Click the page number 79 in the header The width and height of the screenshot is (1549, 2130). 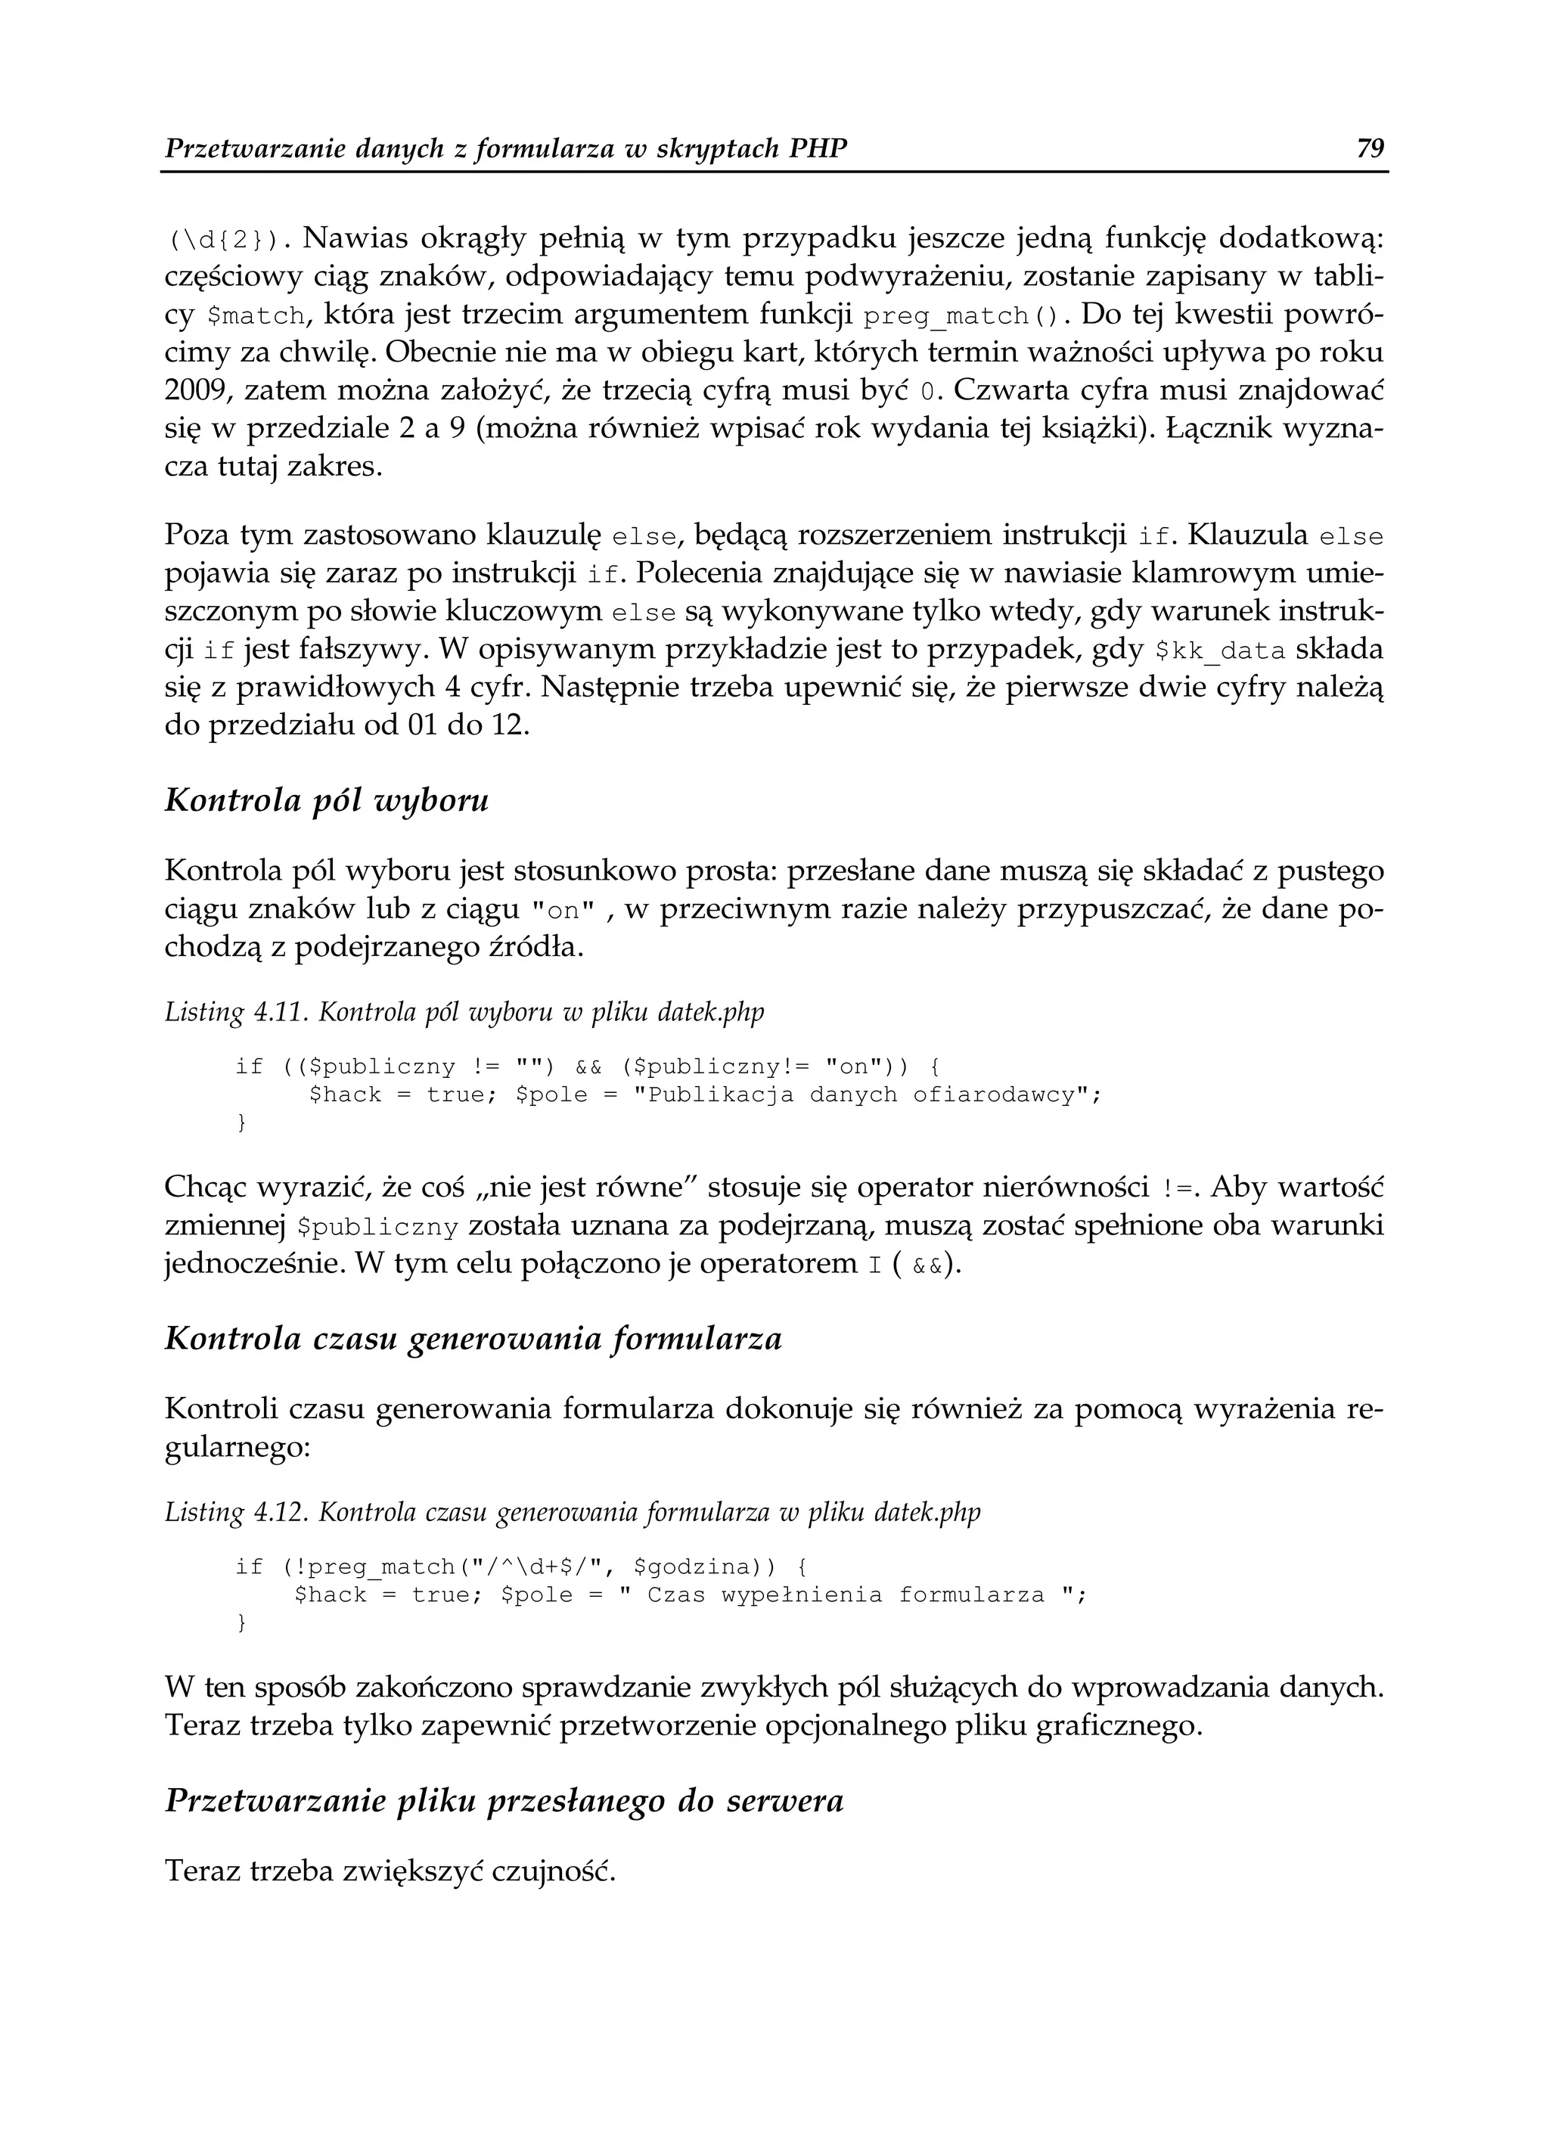[1371, 148]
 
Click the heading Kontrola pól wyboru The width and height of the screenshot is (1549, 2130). [326, 801]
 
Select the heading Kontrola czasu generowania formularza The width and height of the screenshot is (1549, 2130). [473, 1338]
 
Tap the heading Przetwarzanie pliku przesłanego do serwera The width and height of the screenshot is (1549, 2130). [504, 1800]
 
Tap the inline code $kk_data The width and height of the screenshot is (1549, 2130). [1218, 650]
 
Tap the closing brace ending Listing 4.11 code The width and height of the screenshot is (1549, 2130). [241, 1123]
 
